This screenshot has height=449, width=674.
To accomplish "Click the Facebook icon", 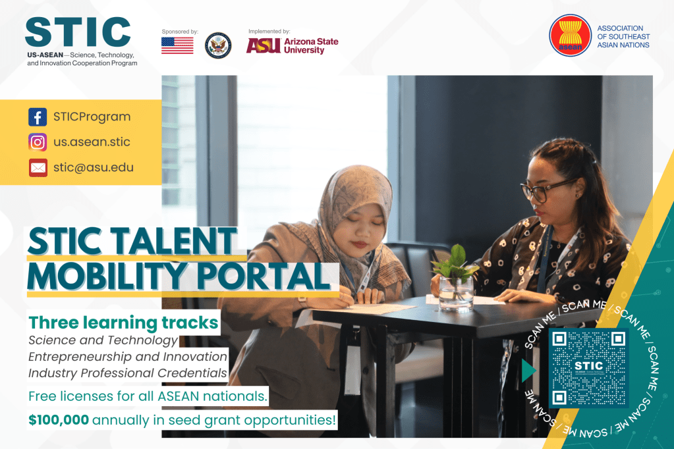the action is coord(38,117).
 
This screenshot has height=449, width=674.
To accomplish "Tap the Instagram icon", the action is coord(38,142).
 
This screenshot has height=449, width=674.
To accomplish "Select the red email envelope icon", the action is coord(38,168).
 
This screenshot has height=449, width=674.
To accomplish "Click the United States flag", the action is coord(177,45).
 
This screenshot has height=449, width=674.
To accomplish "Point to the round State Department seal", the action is coord(218,45).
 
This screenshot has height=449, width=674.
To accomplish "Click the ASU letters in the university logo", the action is coord(264,45).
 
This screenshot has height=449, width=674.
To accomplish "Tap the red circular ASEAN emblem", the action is coord(571,36).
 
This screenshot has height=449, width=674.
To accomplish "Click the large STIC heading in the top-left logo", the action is coord(78,32).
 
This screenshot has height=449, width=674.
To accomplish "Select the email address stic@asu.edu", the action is coord(94,168).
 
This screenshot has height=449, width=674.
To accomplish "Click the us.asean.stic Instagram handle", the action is coord(92,142).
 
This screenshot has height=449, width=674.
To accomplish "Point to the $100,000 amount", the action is coord(59,420).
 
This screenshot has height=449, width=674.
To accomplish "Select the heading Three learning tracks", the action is coord(123,323).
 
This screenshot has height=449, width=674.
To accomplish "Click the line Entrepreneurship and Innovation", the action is coord(128,357).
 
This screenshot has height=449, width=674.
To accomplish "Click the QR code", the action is coord(589,368).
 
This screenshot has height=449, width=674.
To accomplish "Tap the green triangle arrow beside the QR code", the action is coord(528,371).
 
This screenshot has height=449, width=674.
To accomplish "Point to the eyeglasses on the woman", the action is coord(545,190).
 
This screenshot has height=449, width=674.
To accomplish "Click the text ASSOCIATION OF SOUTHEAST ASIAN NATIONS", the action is coord(623,36).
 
